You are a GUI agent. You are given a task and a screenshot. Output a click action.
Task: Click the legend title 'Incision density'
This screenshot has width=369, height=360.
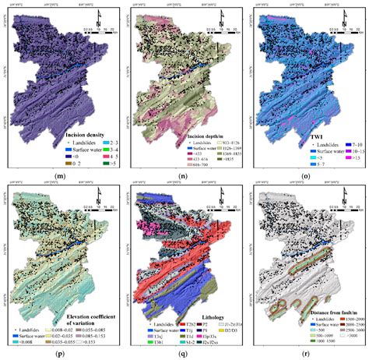(x=92, y=135)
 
